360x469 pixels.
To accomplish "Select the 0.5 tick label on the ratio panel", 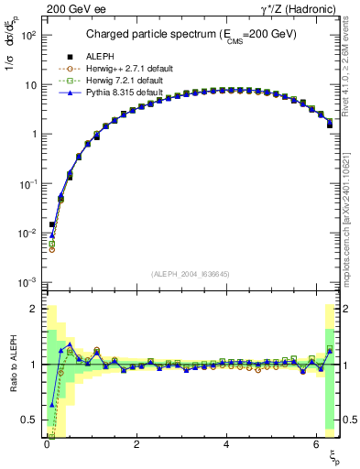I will point(27,420).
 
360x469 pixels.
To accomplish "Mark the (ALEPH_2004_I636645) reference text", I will point(190,273).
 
